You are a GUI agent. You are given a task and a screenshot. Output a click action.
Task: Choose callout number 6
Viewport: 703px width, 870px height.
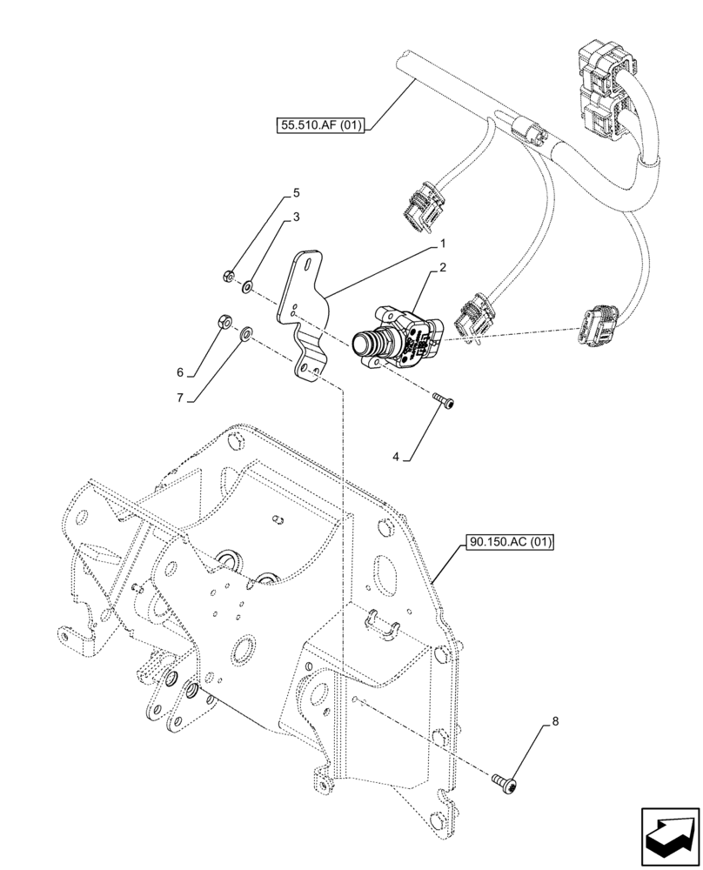coord(181,372)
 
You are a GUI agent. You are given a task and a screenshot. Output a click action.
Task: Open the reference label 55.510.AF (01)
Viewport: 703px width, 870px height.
coord(319,125)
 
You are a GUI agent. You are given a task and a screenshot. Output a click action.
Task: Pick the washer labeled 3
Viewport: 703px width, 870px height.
coord(249,284)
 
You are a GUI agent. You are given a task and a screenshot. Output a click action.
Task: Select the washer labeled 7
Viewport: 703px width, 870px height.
coord(247,331)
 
